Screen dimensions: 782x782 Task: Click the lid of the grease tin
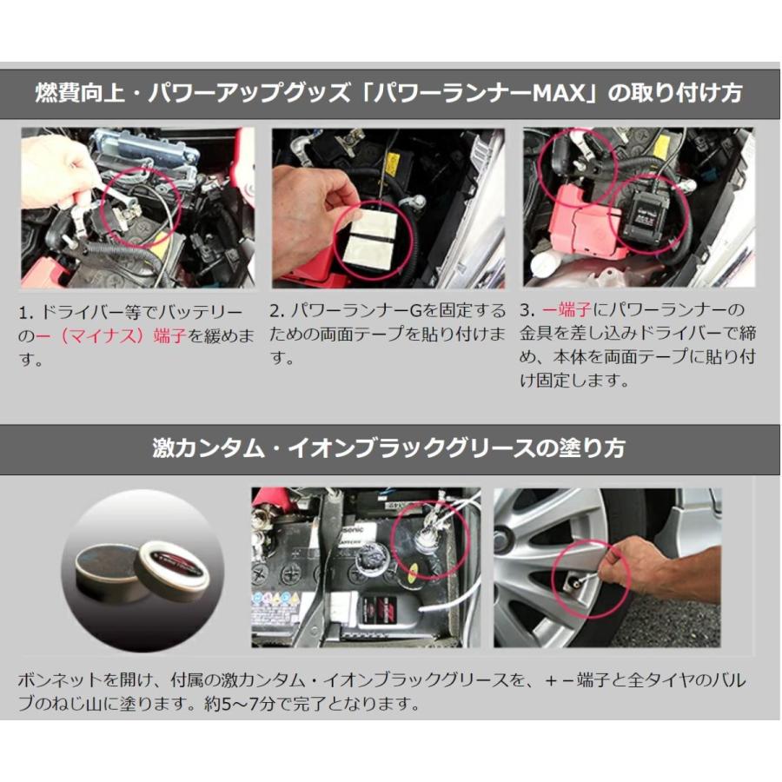(x=175, y=571)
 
